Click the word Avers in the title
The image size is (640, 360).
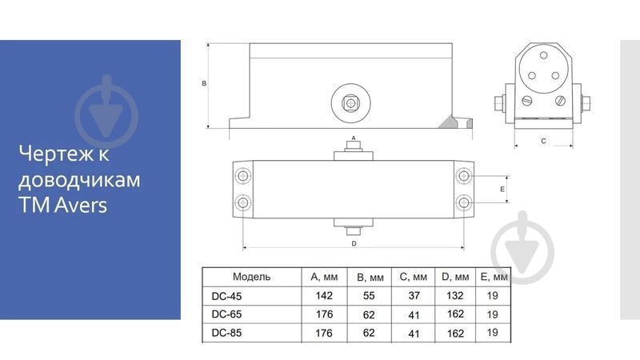81,205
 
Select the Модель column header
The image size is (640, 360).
251,277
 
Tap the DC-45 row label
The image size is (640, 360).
226,296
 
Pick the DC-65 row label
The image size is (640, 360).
226,314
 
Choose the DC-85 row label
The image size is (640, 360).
226,333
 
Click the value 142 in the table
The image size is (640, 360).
324,295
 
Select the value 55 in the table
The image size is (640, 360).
369,295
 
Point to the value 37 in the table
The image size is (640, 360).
414,295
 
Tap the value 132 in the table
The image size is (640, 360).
455,295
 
